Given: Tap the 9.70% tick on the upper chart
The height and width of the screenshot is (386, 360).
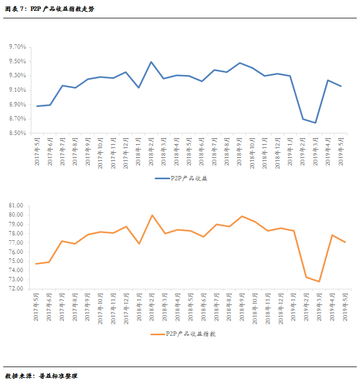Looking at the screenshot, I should tap(17, 47).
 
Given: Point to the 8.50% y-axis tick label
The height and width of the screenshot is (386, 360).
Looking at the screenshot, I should tap(17, 133).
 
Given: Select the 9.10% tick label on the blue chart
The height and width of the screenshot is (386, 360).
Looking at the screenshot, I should tap(17, 90).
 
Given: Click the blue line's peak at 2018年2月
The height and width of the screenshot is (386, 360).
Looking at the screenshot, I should tap(151, 62).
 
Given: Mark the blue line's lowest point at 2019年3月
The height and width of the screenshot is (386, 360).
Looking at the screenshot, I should tap(315, 123).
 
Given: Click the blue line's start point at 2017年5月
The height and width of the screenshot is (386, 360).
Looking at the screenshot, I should tap(37, 106).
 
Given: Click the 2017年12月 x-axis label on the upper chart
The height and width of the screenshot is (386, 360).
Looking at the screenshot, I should tap(125, 154).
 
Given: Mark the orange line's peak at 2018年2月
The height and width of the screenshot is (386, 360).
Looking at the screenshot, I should tap(152, 215).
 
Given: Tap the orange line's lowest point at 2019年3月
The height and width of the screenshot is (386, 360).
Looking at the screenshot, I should tap(319, 281).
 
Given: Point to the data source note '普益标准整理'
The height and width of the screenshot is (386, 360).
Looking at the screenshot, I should tap(58, 376).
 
